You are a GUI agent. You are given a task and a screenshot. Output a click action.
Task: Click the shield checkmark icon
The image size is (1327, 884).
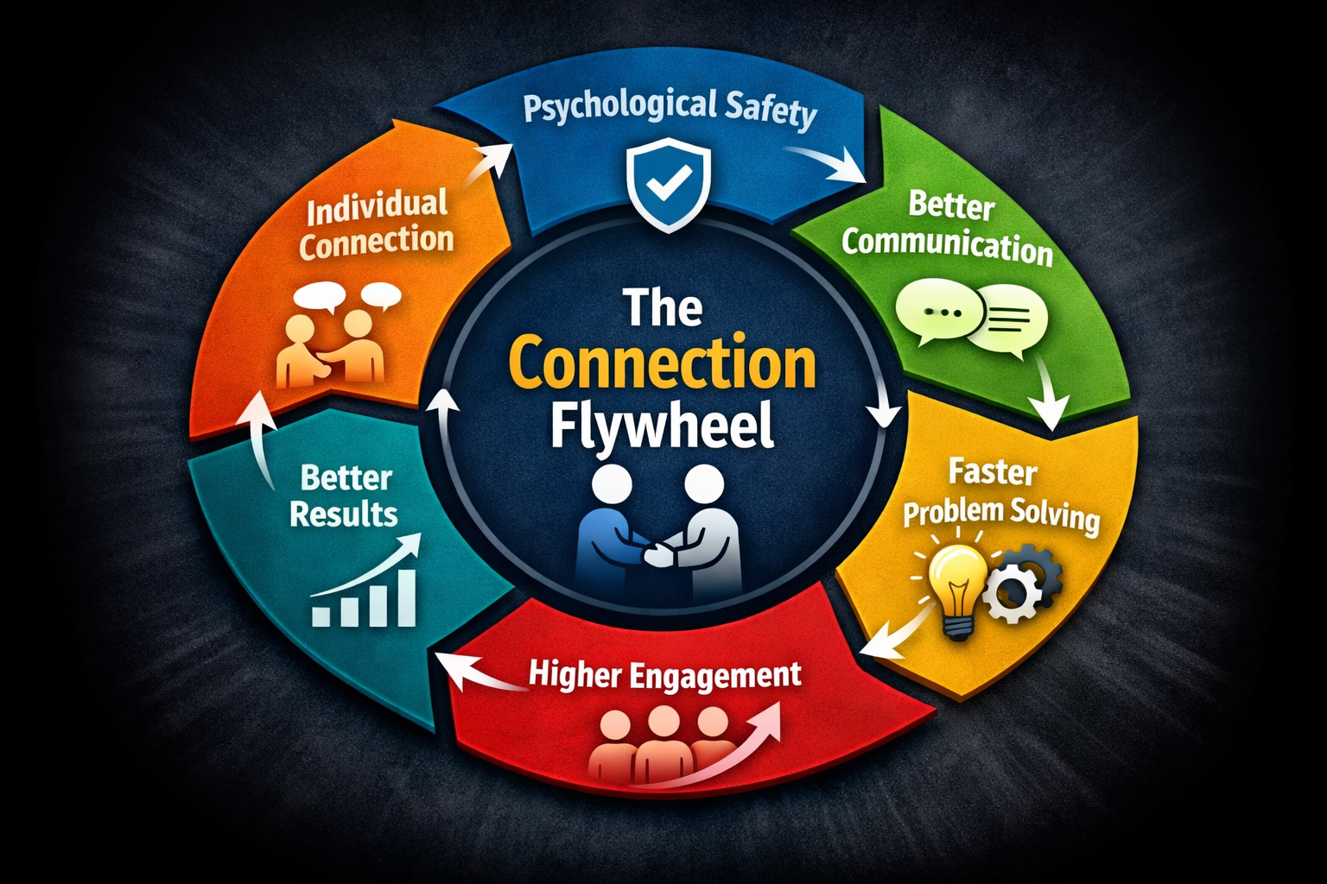669,186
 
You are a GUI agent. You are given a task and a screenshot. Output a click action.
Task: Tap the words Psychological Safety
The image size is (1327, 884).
670,110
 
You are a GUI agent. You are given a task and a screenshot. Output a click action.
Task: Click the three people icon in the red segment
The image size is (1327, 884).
661,742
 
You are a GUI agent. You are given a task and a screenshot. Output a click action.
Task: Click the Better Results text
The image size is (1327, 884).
345,496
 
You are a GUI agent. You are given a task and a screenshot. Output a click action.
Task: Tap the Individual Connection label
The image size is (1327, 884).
376,224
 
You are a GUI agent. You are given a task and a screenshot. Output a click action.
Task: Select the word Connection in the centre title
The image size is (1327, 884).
663,365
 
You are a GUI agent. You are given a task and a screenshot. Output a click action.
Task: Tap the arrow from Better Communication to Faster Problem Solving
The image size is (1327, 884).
1049,393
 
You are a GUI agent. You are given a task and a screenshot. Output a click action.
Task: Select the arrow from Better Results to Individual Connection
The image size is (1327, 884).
259,432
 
